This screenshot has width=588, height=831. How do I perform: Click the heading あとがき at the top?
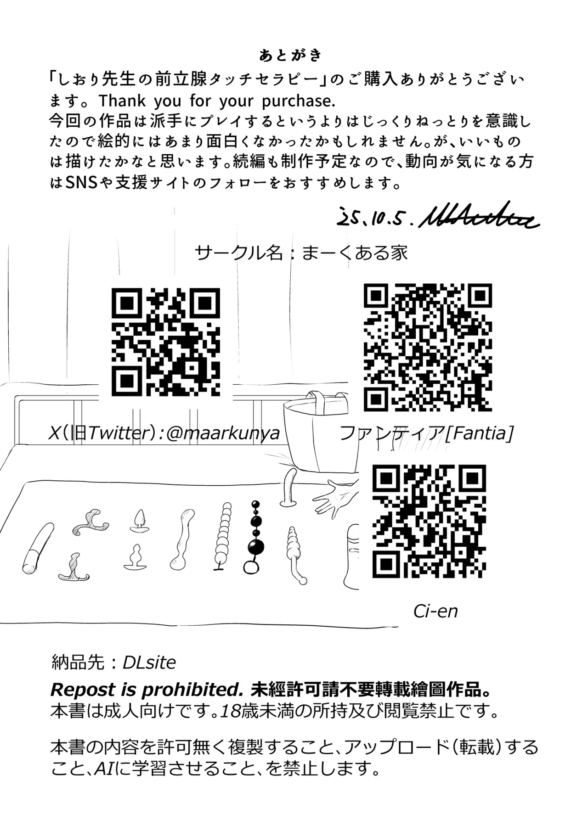290,56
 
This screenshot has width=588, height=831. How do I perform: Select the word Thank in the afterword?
122,101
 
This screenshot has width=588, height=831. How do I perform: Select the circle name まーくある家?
354,253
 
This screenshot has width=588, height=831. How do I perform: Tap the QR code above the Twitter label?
166,342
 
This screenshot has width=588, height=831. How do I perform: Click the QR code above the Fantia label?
428,347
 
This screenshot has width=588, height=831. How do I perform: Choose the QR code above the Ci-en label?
429,521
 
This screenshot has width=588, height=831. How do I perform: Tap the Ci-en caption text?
435,611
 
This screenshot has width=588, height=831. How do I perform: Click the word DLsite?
149,663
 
